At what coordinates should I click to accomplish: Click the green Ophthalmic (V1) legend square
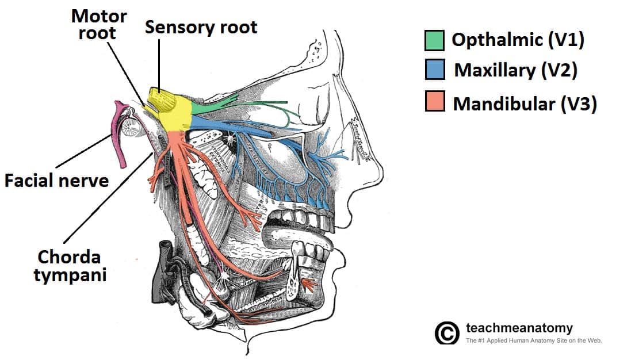point(434,40)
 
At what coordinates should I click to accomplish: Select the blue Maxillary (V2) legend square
point(434,71)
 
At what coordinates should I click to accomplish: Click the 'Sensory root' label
point(201,26)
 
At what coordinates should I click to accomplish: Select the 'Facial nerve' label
point(56,181)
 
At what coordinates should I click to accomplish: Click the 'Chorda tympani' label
point(70,265)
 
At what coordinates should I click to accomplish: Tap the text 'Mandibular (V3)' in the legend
point(525,104)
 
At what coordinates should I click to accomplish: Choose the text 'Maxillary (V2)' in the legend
point(515,70)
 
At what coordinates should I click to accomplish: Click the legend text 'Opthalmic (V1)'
point(518,40)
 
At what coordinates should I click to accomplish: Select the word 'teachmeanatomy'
point(519,328)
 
